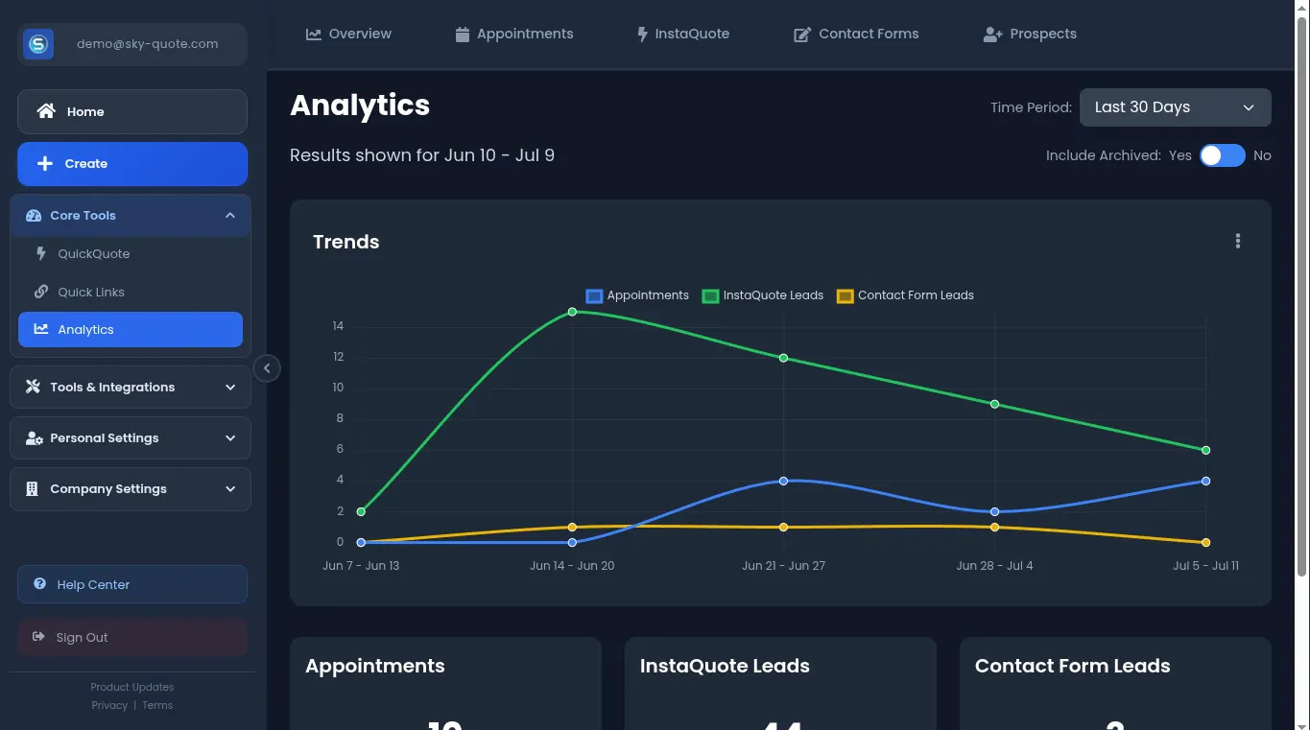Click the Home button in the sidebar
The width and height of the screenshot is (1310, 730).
point(131,111)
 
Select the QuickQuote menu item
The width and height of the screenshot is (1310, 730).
point(93,254)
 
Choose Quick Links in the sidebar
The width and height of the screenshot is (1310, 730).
point(90,292)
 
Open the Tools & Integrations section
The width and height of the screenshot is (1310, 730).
point(131,387)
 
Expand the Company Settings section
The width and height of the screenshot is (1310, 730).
point(131,489)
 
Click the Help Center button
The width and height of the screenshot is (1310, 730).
point(131,584)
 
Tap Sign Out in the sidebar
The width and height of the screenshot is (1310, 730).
point(131,637)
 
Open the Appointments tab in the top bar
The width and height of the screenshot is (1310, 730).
point(514,35)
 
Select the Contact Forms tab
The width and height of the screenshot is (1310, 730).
point(856,35)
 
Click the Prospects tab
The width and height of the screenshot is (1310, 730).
point(1030,35)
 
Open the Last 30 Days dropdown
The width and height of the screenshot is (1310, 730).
point(1175,107)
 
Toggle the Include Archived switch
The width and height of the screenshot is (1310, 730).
point(1222,155)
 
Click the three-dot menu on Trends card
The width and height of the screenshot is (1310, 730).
point(1238,242)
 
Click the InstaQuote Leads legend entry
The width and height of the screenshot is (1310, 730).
point(763,295)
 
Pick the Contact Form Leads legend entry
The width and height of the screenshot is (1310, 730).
point(905,295)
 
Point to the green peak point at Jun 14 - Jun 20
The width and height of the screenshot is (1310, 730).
point(572,312)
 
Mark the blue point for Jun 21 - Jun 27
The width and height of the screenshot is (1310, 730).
point(783,481)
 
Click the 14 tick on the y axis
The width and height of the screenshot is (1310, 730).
point(338,326)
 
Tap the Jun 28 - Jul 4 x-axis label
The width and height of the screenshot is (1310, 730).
point(994,566)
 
